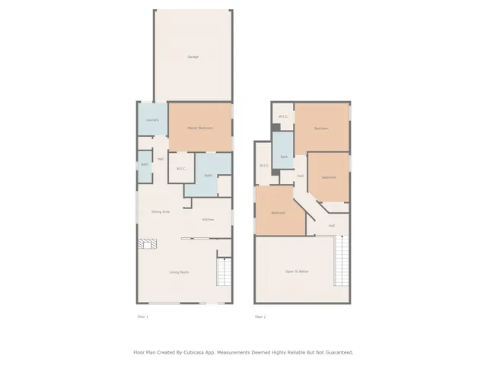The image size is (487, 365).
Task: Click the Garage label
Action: coord(193,57)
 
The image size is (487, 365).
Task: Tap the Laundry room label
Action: coord(152,120)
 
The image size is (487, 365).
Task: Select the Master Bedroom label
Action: coord(199,128)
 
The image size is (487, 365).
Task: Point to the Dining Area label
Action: coord(160,211)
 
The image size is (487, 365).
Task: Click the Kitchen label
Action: coord(208,220)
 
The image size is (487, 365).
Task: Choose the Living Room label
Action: coord(179,271)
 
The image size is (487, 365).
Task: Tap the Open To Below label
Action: coord(297,271)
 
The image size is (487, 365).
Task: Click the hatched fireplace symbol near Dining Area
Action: coord(148,244)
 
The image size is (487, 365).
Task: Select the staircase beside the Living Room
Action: coord(224,271)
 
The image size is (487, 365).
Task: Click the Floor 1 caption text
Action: coord(142,316)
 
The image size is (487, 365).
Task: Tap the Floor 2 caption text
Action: coord(260,316)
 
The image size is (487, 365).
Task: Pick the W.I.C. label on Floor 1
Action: coord(181,168)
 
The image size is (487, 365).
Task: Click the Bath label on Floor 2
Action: coord(284,157)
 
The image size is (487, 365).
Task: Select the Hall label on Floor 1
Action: coord(160,159)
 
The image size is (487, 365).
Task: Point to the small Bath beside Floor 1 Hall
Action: coord(145,164)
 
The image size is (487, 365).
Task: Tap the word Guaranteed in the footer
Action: coord(334,352)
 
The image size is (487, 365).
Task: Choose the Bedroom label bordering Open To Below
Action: coord(278,212)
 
